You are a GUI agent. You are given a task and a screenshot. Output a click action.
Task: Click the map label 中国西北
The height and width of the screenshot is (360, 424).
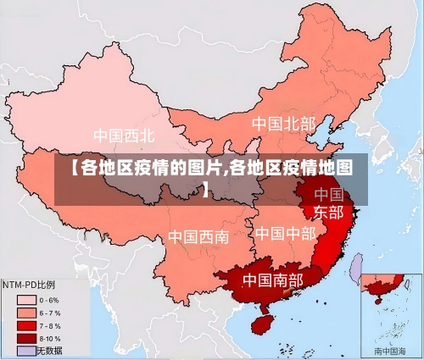coord(124,136)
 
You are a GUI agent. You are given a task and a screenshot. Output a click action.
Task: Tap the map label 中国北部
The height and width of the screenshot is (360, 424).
coord(282,125)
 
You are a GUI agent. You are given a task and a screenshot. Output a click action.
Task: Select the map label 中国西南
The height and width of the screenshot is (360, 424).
coord(198,236)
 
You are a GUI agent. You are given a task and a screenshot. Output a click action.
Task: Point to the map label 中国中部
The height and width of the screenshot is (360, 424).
coord(285,232)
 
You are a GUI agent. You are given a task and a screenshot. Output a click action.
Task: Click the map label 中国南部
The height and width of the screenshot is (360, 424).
coord(272,279)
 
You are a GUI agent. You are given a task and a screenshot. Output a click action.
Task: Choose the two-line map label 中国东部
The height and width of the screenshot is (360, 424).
coord(329,203)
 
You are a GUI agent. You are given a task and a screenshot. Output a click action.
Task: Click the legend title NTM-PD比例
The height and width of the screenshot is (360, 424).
coord(29,284)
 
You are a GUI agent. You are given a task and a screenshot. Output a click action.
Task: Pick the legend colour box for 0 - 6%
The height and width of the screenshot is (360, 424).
coord(26,300)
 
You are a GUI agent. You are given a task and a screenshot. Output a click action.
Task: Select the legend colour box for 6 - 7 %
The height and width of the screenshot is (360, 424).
coord(26,313)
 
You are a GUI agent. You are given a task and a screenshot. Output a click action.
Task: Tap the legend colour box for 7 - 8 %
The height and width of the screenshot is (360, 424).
coord(26,325)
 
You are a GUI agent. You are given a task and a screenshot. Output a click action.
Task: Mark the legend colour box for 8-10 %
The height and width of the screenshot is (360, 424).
coord(26,338)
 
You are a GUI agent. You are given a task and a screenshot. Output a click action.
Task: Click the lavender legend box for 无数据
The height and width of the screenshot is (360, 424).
coord(26,350)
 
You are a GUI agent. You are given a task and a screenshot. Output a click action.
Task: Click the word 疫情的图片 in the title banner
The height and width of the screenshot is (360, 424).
coord(174,167)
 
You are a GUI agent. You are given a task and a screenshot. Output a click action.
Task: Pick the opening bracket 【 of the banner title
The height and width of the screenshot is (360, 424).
coord(70,167)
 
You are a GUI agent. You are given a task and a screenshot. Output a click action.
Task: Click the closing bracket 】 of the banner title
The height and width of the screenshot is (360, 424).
coord(206,187)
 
